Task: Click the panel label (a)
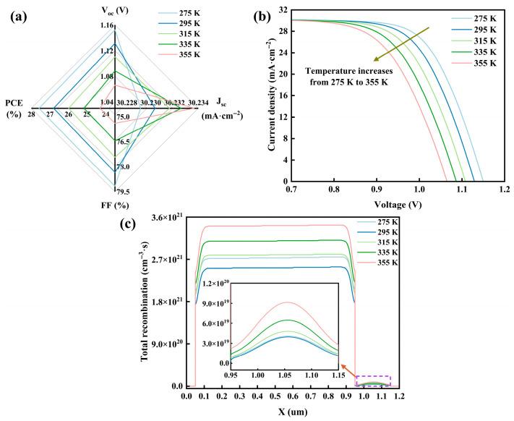(19, 14)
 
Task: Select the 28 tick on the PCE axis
(31, 115)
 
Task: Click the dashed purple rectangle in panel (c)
(373, 380)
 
